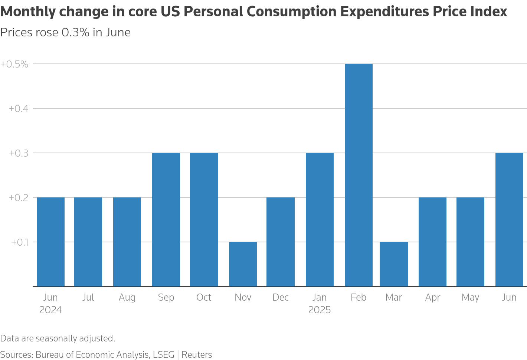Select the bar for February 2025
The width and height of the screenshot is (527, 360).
coord(359,175)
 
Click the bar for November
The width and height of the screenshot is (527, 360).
coord(243,264)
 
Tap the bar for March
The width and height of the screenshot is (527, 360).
coord(394,264)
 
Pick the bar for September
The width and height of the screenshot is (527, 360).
coord(166,220)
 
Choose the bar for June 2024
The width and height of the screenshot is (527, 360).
coord(50,242)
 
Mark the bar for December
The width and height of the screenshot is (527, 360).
coord(281,242)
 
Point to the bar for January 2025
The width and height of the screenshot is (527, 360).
coord(320,220)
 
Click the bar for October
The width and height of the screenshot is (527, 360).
coord(204,220)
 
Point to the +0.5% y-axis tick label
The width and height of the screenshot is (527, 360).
coord(14,64)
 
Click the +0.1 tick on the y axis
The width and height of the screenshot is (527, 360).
coord(20,242)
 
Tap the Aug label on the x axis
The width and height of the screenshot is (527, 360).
coord(127,298)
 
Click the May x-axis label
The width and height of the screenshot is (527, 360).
coord(470,298)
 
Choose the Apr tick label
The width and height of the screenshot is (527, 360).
coord(432,298)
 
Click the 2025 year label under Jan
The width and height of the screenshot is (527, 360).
coord(320,310)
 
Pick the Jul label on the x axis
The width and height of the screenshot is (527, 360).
coord(88,298)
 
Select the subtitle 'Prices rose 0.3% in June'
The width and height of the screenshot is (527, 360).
coord(65,33)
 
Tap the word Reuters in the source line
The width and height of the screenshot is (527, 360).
coord(197,355)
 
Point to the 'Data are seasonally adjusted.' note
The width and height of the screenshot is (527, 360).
coord(58,338)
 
